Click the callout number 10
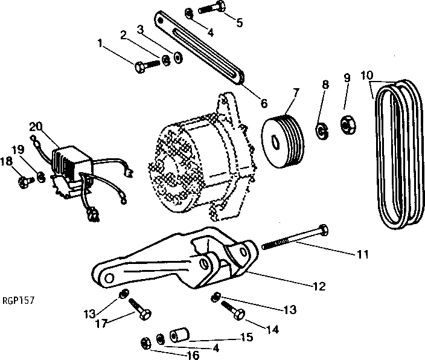pos(366,76)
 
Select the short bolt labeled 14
pos(236,312)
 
